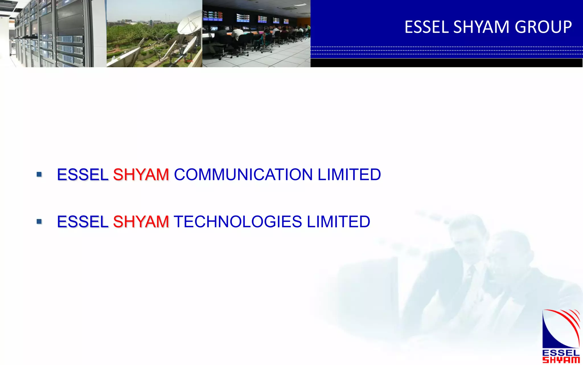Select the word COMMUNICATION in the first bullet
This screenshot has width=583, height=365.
click(243, 175)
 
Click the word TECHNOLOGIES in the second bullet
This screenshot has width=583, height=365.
click(238, 222)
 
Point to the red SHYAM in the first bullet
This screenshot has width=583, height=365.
click(141, 175)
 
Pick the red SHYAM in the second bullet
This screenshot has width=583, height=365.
click(141, 222)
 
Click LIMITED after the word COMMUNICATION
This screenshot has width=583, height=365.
click(349, 175)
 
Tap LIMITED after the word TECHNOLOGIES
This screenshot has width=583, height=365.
click(338, 222)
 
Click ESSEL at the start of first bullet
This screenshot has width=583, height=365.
click(83, 175)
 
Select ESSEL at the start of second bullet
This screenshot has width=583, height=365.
click(83, 222)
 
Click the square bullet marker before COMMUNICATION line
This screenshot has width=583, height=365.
click(39, 174)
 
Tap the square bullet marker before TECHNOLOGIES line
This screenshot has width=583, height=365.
click(39, 221)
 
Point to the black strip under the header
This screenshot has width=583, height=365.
click(446, 63)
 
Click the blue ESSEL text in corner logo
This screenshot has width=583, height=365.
click(561, 353)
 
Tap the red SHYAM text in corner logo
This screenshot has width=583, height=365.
click(561, 360)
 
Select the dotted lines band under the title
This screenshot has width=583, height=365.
click(446, 50)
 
